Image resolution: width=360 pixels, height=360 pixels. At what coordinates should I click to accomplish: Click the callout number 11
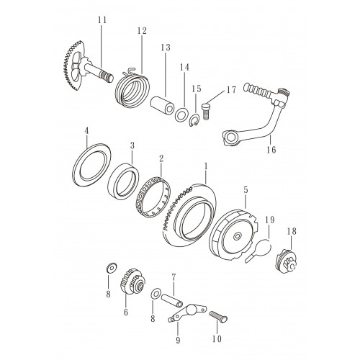click(102, 20)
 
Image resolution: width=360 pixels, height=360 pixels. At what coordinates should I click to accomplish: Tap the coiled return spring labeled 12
click(132, 89)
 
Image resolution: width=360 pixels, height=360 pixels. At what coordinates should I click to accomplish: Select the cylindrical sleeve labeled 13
click(162, 105)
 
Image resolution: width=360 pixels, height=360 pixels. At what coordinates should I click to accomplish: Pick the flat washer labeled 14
click(181, 114)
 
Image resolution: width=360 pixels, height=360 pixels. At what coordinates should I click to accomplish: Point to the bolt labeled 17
click(206, 111)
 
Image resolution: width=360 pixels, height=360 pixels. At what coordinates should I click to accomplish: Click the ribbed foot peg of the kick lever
click(258, 91)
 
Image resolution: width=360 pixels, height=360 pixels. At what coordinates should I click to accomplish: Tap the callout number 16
click(271, 150)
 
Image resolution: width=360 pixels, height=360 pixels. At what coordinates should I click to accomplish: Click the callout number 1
click(205, 166)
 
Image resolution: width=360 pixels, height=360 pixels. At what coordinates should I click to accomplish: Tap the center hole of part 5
click(237, 236)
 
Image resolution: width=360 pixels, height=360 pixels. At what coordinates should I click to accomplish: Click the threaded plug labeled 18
click(286, 261)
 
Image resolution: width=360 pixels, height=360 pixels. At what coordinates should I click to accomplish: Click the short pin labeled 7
click(171, 300)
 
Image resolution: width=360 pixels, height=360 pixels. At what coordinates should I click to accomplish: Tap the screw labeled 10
click(218, 316)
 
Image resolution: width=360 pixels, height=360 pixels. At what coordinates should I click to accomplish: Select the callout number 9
click(178, 340)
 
